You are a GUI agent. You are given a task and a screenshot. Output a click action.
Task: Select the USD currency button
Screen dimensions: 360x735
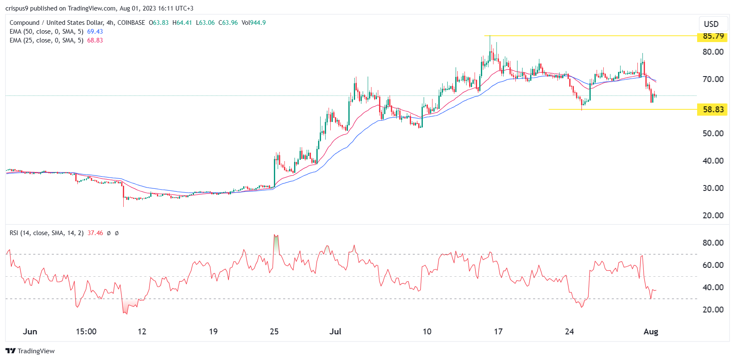coord(711,24)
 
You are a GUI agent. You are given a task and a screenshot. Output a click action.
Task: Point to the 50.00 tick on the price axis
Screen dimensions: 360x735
coord(713,134)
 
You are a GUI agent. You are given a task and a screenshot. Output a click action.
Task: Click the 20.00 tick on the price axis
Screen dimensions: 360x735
coord(713,215)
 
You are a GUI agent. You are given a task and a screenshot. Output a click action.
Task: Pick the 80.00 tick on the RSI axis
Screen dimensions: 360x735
coord(713,243)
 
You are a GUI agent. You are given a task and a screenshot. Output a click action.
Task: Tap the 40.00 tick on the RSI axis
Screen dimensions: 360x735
coord(713,288)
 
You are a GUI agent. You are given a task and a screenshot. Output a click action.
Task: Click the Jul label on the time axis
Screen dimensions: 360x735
coord(335,331)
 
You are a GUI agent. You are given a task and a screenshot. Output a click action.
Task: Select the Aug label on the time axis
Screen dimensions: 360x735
coord(650,331)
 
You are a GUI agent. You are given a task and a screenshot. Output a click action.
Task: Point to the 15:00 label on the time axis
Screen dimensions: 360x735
coord(86,331)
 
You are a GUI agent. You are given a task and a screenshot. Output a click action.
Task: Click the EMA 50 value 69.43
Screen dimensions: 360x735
coord(95,32)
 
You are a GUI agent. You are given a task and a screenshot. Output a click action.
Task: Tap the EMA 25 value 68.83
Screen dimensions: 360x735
coord(95,40)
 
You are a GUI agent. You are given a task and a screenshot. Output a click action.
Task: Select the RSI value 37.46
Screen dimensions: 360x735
coord(95,233)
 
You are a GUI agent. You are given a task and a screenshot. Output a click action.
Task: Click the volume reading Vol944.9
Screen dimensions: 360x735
coord(254,23)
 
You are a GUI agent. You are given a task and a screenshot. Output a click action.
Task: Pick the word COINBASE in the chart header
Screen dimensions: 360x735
coord(131,23)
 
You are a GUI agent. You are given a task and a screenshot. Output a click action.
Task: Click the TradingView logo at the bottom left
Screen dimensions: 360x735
coord(30,351)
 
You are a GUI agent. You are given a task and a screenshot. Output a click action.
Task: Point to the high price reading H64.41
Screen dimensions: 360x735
coord(182,23)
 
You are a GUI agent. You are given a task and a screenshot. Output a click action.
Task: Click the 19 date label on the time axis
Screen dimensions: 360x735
coord(213,331)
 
